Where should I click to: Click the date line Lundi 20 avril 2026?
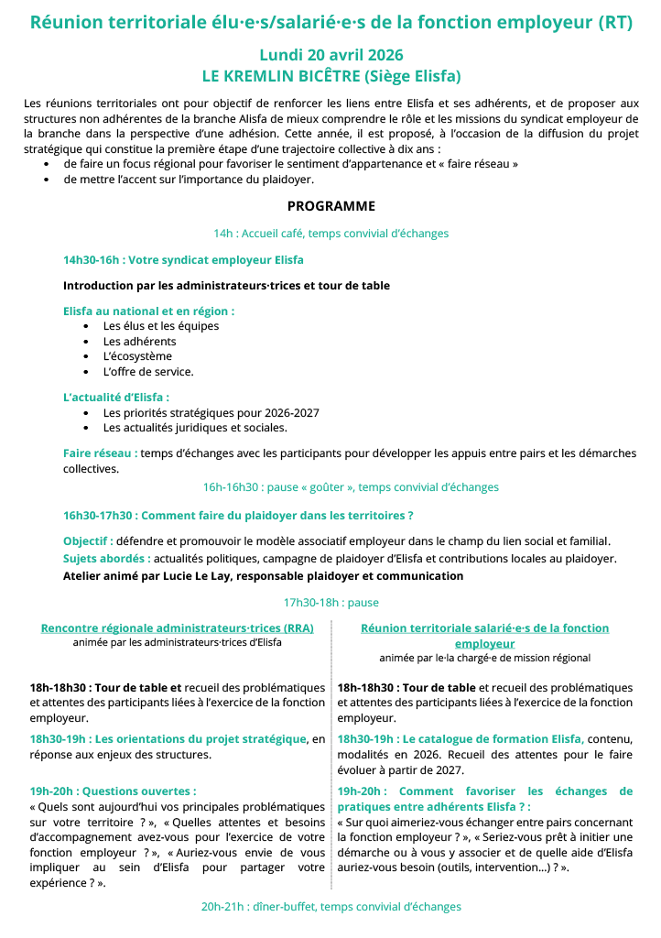[330, 56]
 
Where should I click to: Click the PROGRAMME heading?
[330, 206]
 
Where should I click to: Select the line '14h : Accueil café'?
[330, 234]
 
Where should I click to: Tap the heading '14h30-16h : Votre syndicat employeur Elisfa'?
[183, 260]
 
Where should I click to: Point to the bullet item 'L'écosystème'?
[137, 356]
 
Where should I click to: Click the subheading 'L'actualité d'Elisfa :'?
[116, 398]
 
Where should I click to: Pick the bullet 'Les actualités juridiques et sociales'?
[195, 428]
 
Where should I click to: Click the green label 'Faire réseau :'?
[101, 453]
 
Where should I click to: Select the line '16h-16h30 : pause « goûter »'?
[351, 487]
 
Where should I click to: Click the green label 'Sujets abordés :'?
[107, 559]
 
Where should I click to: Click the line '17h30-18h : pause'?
[330, 603]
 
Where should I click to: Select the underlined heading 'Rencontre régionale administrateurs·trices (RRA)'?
[177, 628]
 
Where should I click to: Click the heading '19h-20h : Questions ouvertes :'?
[113, 791]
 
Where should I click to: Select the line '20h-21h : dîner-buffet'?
[330, 907]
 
